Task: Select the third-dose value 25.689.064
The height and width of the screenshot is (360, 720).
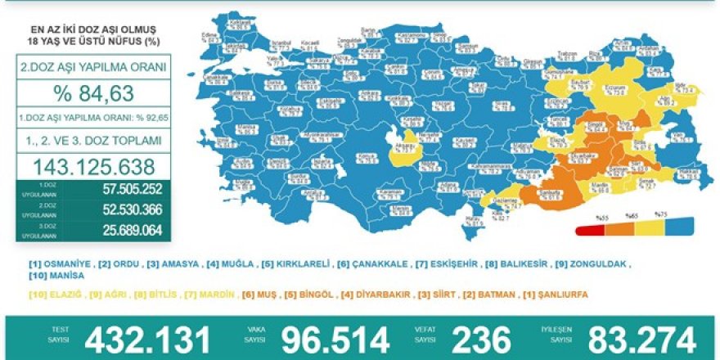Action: [x=123, y=230]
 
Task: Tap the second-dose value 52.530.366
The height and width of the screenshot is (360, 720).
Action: [x=123, y=210]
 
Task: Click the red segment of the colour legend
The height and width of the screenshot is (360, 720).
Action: [x=587, y=230]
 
